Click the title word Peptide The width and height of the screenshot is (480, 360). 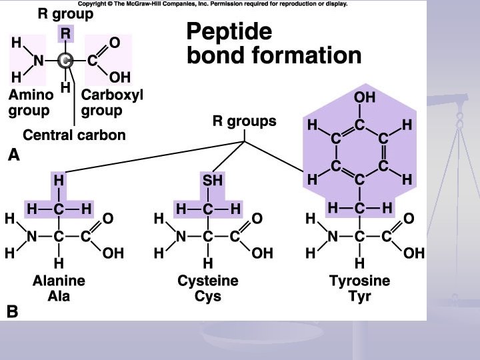coord(229,31)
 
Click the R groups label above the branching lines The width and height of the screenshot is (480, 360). coord(244,122)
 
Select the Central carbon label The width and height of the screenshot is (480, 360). coord(74,135)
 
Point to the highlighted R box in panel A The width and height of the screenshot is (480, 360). coord(65,33)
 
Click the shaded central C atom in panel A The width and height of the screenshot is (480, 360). coord(65,61)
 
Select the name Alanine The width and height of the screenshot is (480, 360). coord(59,281)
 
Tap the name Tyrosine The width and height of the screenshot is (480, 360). coord(360,281)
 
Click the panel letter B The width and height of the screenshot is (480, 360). coord(13,311)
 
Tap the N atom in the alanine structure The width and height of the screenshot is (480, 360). coord(32,236)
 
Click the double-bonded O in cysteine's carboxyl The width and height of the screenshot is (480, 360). coord(257,218)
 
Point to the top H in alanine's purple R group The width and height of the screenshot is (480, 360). coord(59,180)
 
